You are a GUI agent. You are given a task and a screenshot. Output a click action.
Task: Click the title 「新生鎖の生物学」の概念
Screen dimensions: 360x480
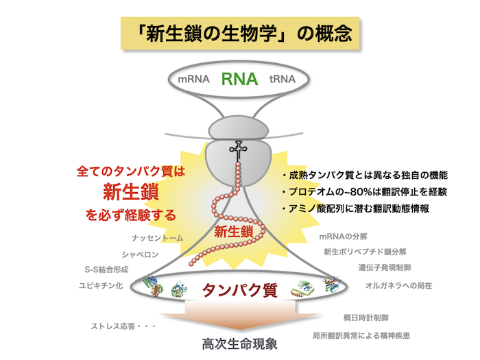click(239, 35)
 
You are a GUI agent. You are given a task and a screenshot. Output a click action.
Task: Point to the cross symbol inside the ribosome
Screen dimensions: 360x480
click(239, 150)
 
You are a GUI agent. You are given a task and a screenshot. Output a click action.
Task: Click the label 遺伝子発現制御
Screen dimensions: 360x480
click(384, 267)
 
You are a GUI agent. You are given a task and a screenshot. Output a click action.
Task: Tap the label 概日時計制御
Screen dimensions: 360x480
click(366, 318)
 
